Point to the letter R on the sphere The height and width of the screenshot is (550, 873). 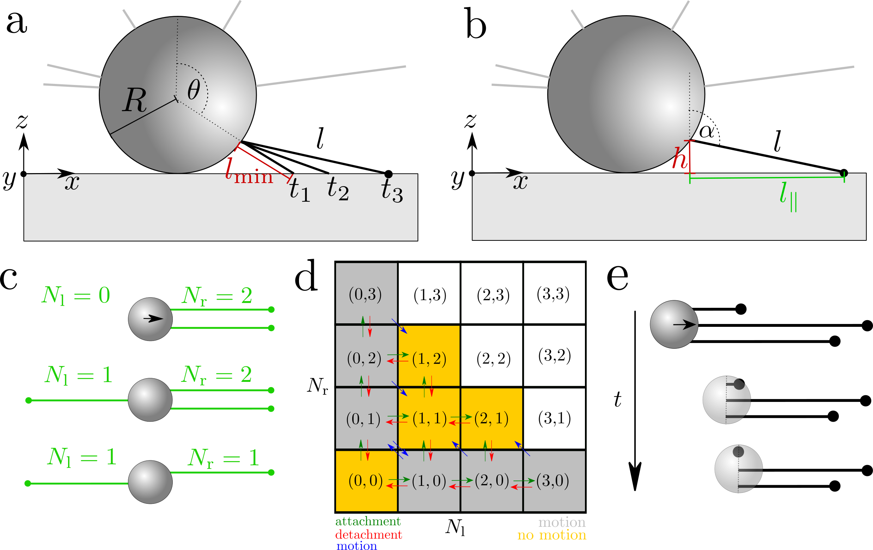[134, 100]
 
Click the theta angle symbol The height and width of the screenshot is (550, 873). [194, 90]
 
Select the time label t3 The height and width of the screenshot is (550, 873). [391, 189]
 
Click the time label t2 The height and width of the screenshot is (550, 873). [337, 188]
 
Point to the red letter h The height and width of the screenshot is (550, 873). [679, 159]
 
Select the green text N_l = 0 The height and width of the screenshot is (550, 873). [76, 295]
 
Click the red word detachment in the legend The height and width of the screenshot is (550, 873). [368, 534]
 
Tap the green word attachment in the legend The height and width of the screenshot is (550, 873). [368, 521]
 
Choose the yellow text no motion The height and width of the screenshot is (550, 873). [551, 535]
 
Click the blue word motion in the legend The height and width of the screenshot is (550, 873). [357, 545]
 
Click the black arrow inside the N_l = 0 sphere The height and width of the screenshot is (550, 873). [153, 319]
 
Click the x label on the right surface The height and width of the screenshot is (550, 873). [520, 182]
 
